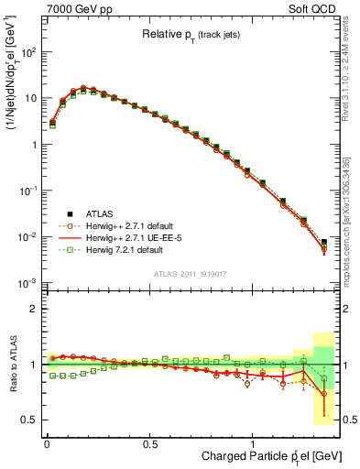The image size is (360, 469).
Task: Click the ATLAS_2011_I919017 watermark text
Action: [x=191, y=274]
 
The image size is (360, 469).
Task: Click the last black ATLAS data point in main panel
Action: [x=323, y=242]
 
